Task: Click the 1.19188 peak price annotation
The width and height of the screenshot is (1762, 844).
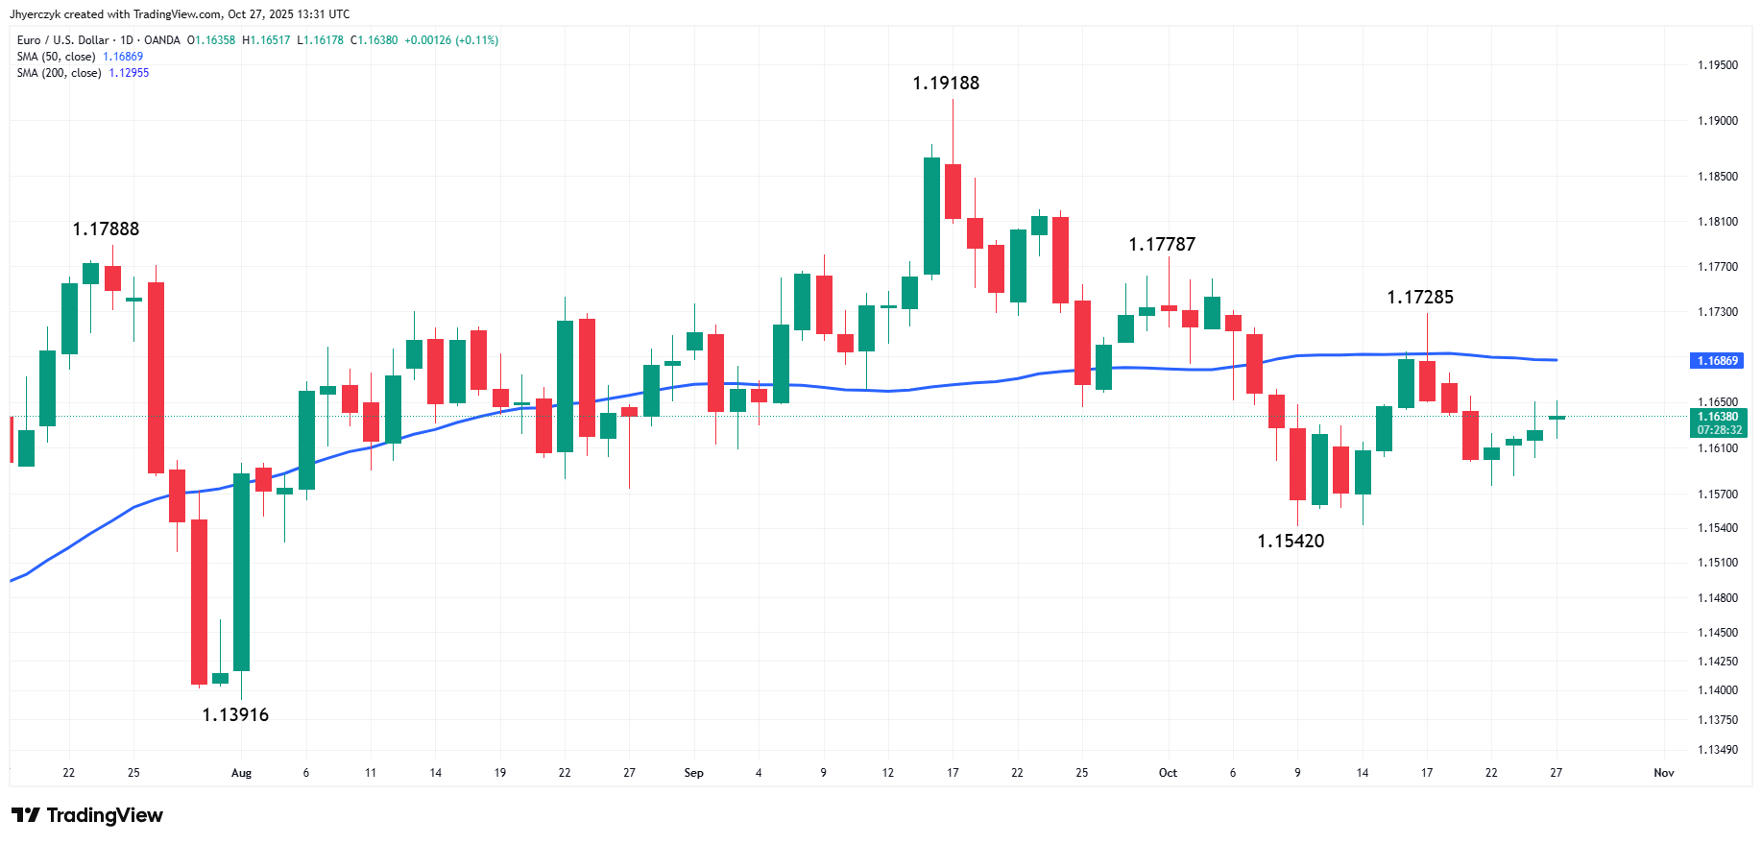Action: [946, 84]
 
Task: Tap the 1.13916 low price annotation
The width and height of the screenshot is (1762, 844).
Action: [235, 715]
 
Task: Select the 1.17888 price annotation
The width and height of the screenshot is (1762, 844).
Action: [106, 229]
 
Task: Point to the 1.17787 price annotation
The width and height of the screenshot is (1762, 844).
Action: [1162, 245]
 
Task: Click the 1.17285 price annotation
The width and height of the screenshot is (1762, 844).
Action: [1420, 298]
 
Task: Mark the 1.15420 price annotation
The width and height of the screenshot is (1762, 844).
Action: [1291, 542]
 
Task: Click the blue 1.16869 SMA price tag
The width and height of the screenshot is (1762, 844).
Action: [1717, 361]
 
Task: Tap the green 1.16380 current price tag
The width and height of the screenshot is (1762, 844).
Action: [1718, 417]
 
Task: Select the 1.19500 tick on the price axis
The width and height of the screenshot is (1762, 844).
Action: [1718, 65]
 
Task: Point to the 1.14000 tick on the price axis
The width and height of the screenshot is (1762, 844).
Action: [1718, 690]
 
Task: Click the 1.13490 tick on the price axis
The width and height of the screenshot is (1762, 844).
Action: [1718, 750]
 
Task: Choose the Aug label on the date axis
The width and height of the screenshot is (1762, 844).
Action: [241, 773]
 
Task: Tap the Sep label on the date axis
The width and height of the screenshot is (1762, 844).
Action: [693, 773]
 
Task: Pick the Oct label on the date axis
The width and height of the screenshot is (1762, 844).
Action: [1168, 773]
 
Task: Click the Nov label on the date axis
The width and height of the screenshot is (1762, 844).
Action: [1664, 773]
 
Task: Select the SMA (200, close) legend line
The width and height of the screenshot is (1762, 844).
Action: [83, 73]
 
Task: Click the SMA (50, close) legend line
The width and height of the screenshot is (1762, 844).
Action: [80, 57]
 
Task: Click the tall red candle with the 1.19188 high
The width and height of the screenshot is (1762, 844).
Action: [953, 191]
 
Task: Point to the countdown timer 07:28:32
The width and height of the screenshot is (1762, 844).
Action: [1719, 430]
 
